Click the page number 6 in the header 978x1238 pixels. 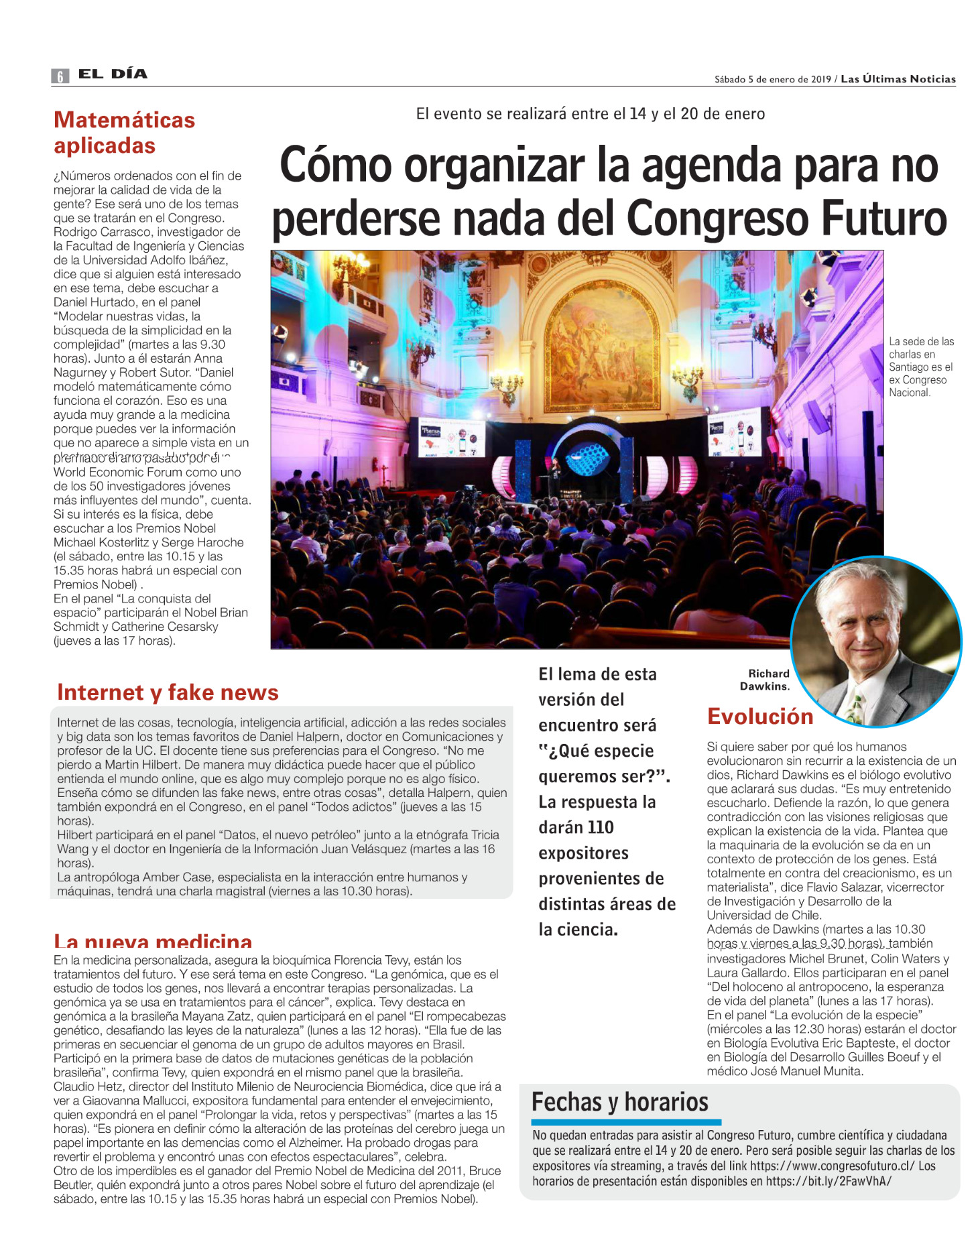click(60, 76)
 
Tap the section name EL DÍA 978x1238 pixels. click(113, 74)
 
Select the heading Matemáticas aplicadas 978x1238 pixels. click(123, 133)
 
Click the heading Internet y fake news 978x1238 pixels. click(168, 692)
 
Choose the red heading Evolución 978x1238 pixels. click(759, 716)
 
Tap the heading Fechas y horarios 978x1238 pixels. click(619, 1101)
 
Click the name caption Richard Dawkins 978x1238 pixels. click(766, 680)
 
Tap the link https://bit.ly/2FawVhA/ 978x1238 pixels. click(829, 1181)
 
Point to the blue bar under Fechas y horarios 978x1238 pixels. click(625, 1122)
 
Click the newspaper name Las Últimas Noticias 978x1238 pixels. click(898, 79)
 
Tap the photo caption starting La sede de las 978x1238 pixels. click(920, 367)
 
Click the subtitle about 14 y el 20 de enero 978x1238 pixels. click(590, 114)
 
